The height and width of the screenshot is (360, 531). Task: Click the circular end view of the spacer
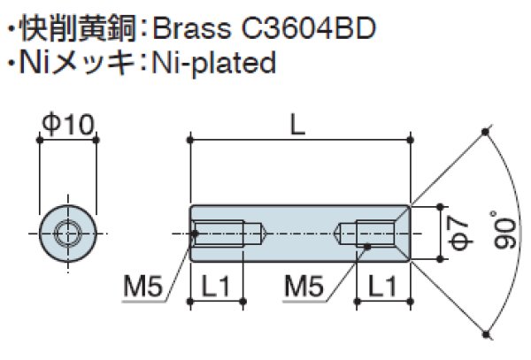(x=67, y=234)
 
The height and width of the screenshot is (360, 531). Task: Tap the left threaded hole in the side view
(x=228, y=234)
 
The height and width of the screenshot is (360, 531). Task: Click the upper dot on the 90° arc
(x=486, y=133)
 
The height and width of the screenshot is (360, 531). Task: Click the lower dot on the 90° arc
(x=486, y=333)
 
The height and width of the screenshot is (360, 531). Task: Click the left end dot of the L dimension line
(x=190, y=139)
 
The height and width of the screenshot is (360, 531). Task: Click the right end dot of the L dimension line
(x=410, y=139)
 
